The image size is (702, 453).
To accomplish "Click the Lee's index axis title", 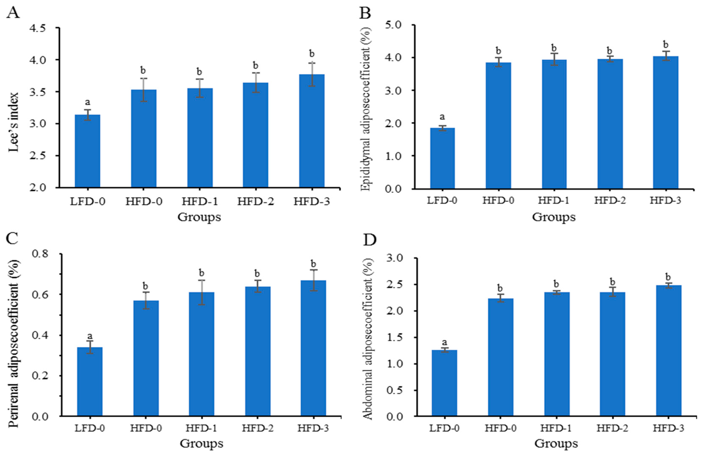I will (14, 123).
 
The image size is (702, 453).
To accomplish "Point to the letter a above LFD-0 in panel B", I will (442, 117).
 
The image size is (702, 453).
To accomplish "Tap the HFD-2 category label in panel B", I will (610, 201).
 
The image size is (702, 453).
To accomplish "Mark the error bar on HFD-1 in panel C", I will (201, 292).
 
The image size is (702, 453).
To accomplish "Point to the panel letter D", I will (369, 240).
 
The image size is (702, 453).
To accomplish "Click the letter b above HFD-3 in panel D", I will (668, 277).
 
